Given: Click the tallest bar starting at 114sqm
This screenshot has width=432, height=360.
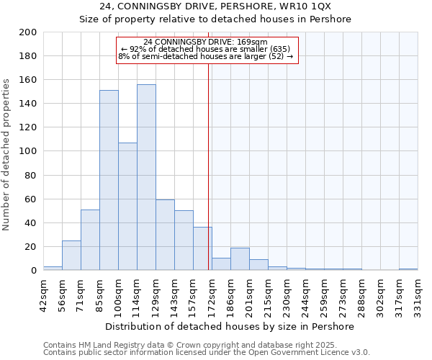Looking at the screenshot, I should pos(146,177).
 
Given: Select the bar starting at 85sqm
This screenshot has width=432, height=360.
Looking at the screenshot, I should pos(109,180).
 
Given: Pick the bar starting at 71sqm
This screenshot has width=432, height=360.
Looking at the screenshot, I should pos(90,240).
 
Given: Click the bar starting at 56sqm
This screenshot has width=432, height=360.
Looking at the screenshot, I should pos(71,256).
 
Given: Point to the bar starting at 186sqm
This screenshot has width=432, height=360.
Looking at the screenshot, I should pos(240,259).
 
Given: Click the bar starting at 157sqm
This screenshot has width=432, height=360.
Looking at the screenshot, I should pos(202,249).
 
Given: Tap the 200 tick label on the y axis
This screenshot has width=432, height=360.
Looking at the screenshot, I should pos(28,32).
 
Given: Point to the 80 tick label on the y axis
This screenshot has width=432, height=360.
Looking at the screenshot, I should pos(31,175).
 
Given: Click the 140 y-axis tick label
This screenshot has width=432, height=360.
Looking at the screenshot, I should pos(28,104).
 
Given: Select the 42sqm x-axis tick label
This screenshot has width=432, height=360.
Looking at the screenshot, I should pos(44,294).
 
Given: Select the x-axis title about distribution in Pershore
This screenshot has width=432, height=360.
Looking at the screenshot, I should pos(230,326).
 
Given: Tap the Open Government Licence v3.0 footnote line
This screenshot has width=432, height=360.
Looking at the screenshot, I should pos(207,353).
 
